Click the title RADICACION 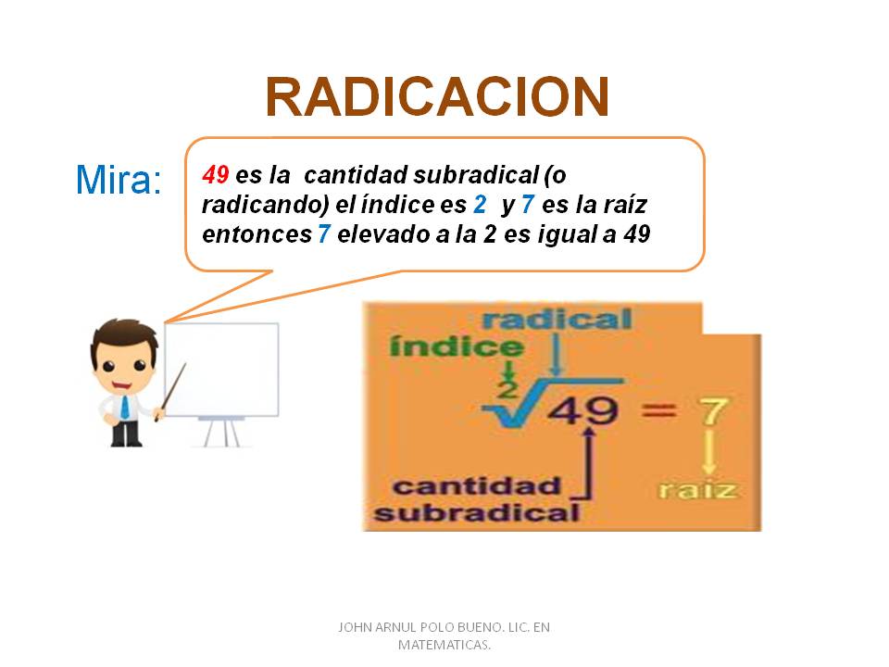pyautogui.click(x=437, y=96)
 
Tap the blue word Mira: pyautogui.click(x=118, y=180)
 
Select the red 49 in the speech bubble pyautogui.click(x=215, y=174)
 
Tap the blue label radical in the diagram pyautogui.click(x=557, y=321)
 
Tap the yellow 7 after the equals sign pyautogui.click(x=712, y=409)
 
